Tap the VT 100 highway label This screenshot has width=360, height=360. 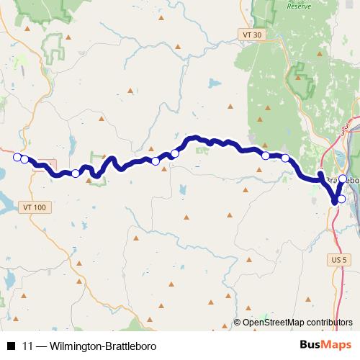pyautogui.click(x=34, y=207)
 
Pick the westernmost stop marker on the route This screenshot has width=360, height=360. pyautogui.click(x=17, y=157)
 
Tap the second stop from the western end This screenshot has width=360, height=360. pyautogui.click(x=24, y=160)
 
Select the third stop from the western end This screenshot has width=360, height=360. pyautogui.click(x=76, y=173)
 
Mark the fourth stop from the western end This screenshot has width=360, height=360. pyautogui.click(x=156, y=161)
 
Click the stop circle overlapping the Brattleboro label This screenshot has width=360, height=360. pyautogui.click(x=343, y=179)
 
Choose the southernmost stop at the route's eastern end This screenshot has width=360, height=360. pyautogui.click(x=342, y=199)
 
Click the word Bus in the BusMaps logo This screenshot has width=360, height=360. pyautogui.click(x=310, y=346)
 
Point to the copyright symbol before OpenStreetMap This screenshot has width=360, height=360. pyautogui.click(x=238, y=323)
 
